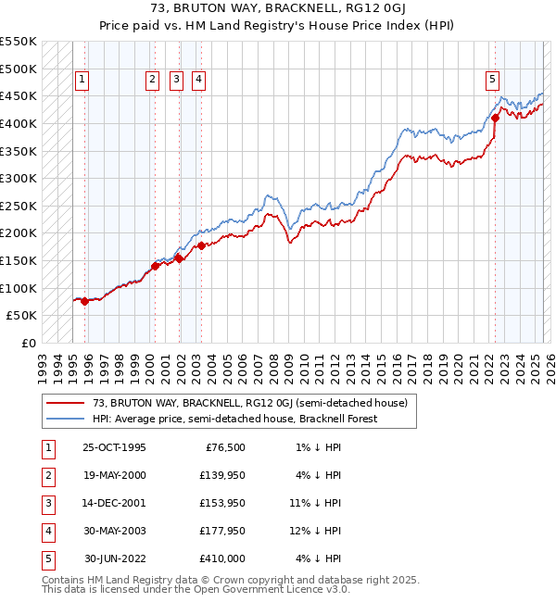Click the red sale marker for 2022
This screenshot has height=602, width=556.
coord(495,118)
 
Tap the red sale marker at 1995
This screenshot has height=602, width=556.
coord(84,301)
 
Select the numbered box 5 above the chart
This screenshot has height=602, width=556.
coord(491,80)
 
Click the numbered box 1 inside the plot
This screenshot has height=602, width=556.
coord(82,80)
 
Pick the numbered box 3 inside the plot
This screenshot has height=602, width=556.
coord(175,80)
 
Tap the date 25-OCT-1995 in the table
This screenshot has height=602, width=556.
coord(115,447)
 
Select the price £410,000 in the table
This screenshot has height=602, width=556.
coord(222,558)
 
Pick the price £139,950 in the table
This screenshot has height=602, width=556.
coord(222,475)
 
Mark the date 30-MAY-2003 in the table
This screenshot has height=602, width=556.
coord(115,531)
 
